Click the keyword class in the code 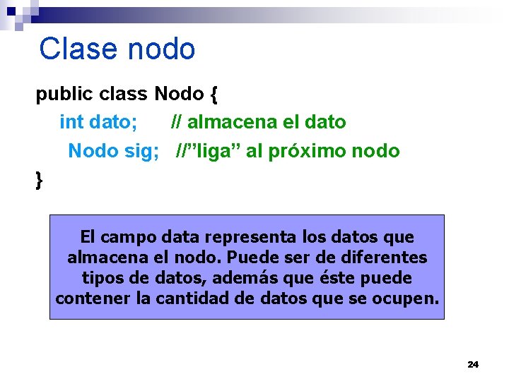[124, 94]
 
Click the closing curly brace [39, 180]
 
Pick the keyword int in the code [71, 122]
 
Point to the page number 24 [473, 364]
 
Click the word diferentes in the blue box [384, 258]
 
